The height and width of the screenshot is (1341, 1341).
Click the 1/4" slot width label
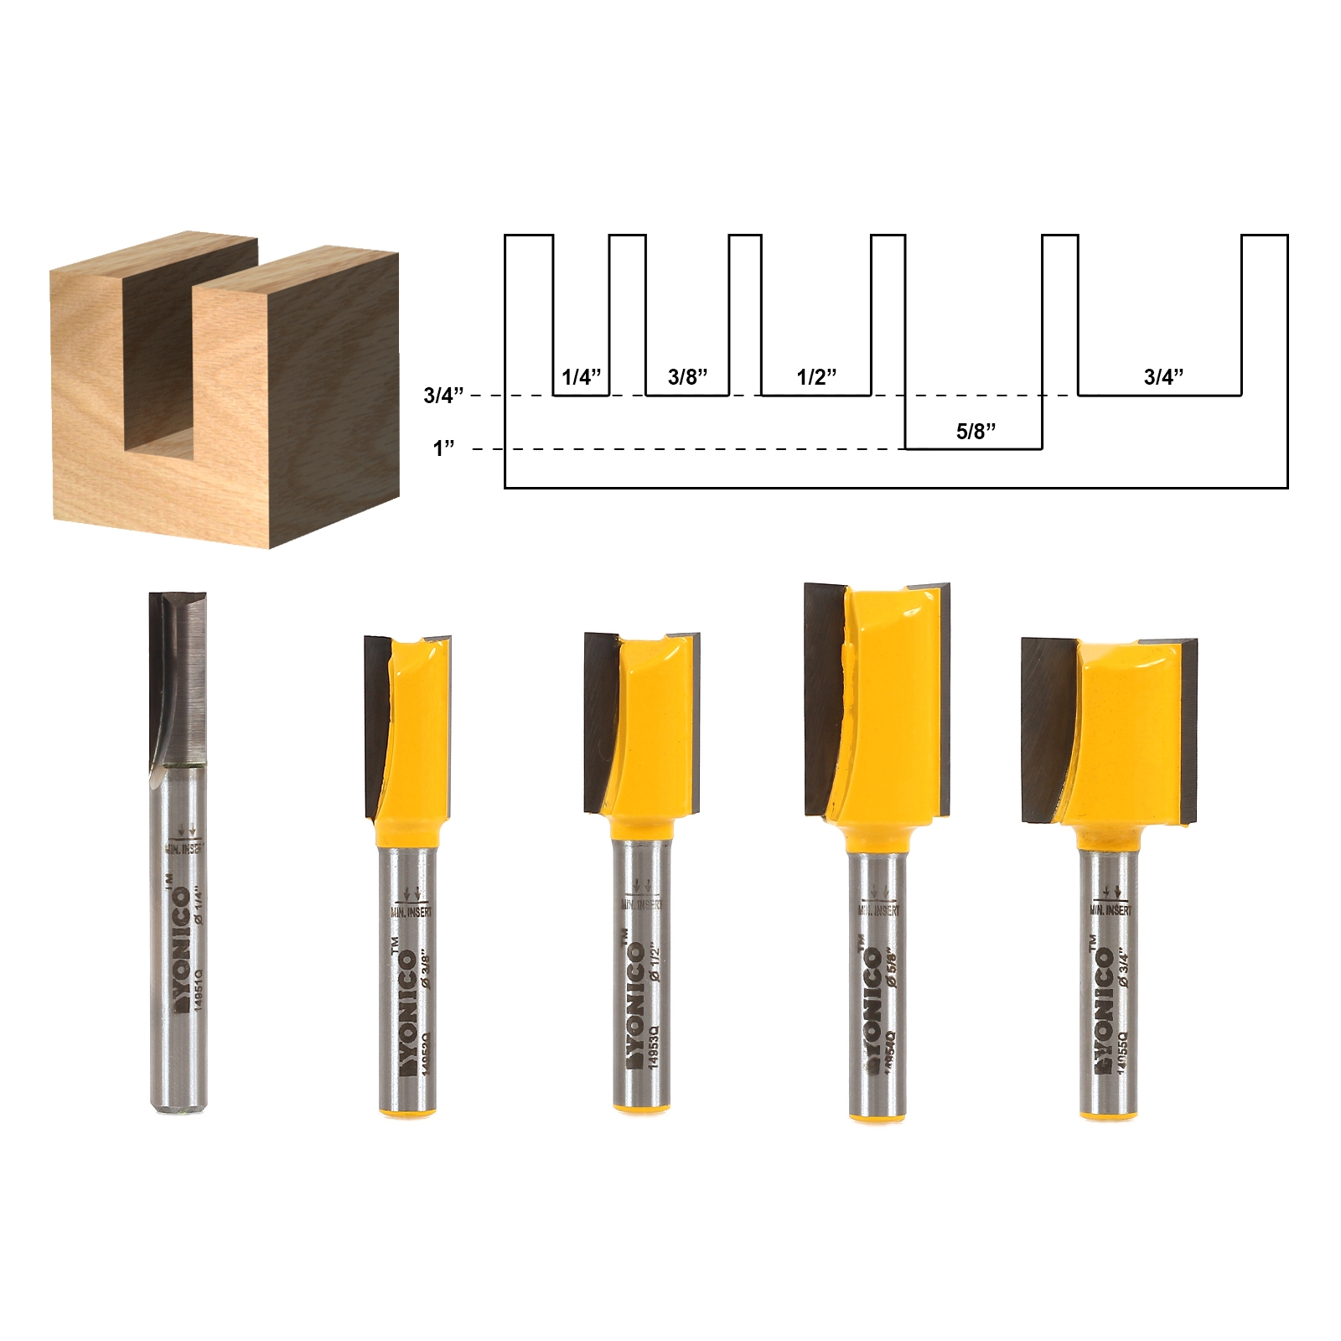click(x=582, y=377)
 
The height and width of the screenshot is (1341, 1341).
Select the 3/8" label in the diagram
click(x=687, y=377)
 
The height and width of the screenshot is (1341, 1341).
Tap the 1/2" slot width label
click(x=816, y=377)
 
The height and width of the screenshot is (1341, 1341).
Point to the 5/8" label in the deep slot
click(x=976, y=432)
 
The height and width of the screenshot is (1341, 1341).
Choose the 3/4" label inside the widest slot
click(x=1163, y=377)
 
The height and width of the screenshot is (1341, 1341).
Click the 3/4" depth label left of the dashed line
click(x=443, y=396)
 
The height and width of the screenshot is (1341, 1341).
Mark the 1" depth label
click(x=443, y=449)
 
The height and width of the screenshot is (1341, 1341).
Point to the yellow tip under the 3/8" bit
click(x=408, y=1111)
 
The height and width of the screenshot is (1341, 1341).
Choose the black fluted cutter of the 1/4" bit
click(x=176, y=679)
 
